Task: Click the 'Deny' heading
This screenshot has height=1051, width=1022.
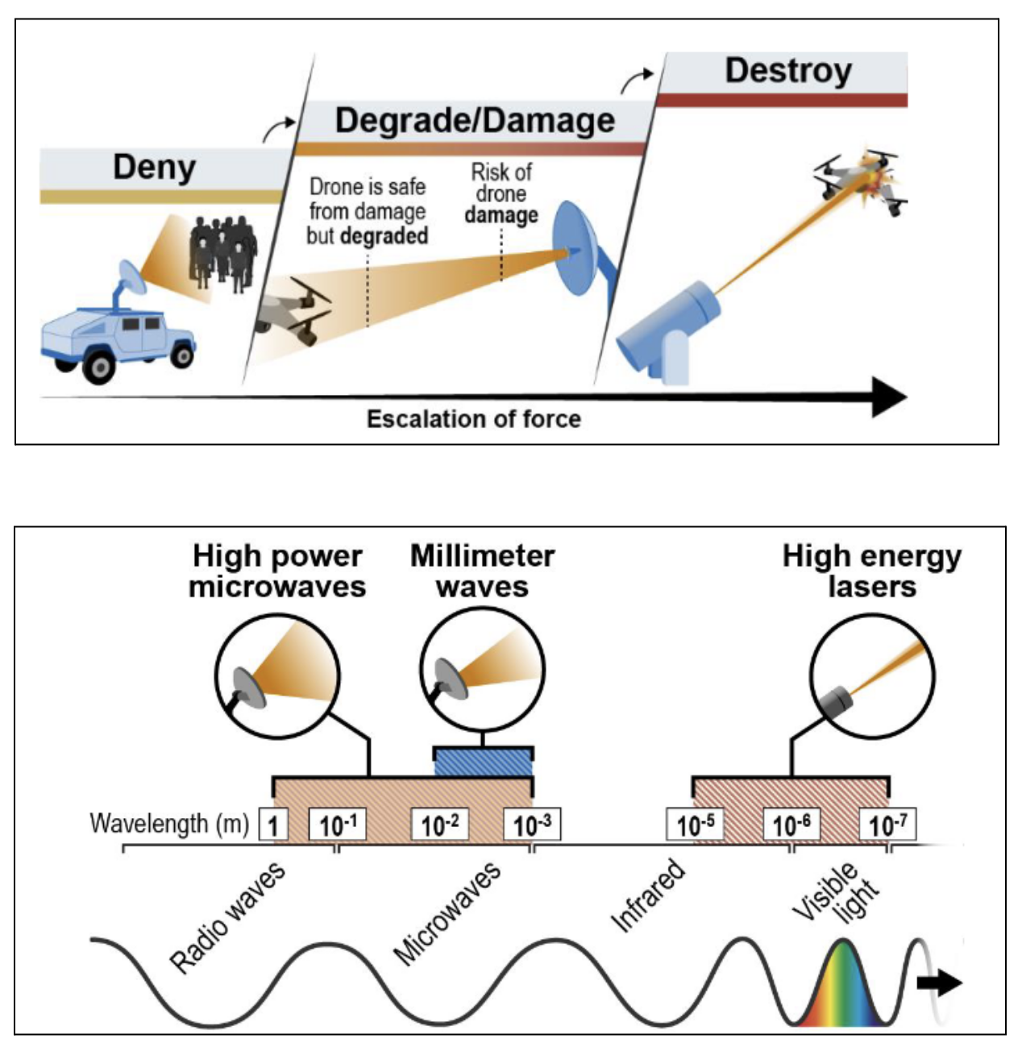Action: pos(154,168)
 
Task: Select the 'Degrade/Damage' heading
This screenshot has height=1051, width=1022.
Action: pos(475,121)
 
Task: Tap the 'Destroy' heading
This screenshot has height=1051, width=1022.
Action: pos(787,71)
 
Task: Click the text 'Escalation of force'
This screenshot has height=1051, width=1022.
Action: pos(474,419)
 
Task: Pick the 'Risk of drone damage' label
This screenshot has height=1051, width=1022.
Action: pos(501,193)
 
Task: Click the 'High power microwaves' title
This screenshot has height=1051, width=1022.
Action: pos(277,571)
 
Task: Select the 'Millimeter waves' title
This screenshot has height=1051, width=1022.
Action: pos(482,571)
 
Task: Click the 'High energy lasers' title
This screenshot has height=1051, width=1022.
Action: pos(872,571)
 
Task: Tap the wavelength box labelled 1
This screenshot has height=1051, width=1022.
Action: pos(273,825)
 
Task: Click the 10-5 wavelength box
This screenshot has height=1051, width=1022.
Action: pos(695,825)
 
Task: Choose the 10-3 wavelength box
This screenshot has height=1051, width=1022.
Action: pos(532,825)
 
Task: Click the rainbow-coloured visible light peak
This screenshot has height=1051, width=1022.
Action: pos(842,987)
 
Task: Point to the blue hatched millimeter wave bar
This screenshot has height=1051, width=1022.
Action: pos(484,762)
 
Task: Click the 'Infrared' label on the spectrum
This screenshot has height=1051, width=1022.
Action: pos(649,895)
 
